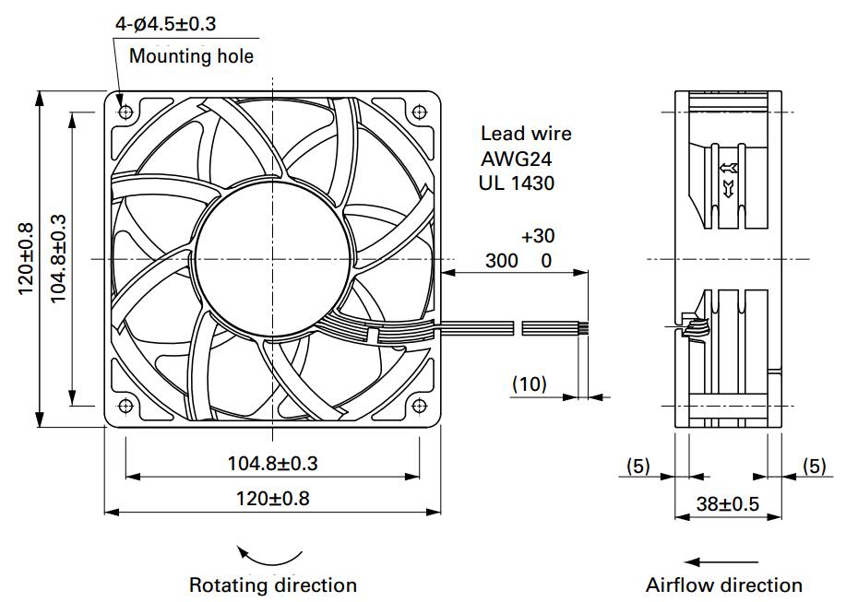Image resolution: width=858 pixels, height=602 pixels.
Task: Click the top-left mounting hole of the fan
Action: [x=125, y=112]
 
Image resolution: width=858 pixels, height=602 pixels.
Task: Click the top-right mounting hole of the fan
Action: [x=419, y=112]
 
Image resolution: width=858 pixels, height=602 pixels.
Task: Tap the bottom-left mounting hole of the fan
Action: [x=125, y=406]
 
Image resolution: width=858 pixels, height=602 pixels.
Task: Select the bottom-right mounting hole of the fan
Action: [x=419, y=406]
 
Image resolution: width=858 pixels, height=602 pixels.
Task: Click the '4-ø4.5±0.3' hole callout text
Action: [x=165, y=24]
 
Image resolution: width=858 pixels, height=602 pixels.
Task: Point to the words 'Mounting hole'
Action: [x=191, y=55]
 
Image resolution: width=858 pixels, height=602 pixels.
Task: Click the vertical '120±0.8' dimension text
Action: [x=26, y=259]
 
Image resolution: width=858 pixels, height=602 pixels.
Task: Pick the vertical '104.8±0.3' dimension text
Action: [x=58, y=259]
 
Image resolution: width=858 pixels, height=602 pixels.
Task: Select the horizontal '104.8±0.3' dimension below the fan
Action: [x=272, y=464]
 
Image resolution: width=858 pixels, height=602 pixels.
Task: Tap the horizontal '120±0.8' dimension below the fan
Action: [x=272, y=499]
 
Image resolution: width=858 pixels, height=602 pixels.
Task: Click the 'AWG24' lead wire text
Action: [x=517, y=159]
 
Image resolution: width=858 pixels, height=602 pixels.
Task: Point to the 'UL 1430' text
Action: [x=517, y=183]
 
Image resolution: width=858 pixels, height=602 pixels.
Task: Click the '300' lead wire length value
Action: [x=501, y=261]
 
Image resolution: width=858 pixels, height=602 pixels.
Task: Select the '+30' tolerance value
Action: [x=538, y=236]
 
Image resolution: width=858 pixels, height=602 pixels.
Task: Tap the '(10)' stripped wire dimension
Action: [x=530, y=384]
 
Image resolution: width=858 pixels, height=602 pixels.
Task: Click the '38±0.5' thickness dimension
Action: [x=728, y=503]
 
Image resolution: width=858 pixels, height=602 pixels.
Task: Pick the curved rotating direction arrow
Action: [x=268, y=558]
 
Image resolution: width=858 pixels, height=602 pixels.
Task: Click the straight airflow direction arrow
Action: [x=721, y=561]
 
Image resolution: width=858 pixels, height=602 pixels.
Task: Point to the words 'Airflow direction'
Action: [x=724, y=585]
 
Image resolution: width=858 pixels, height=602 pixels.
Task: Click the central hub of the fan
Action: [x=272, y=259]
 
